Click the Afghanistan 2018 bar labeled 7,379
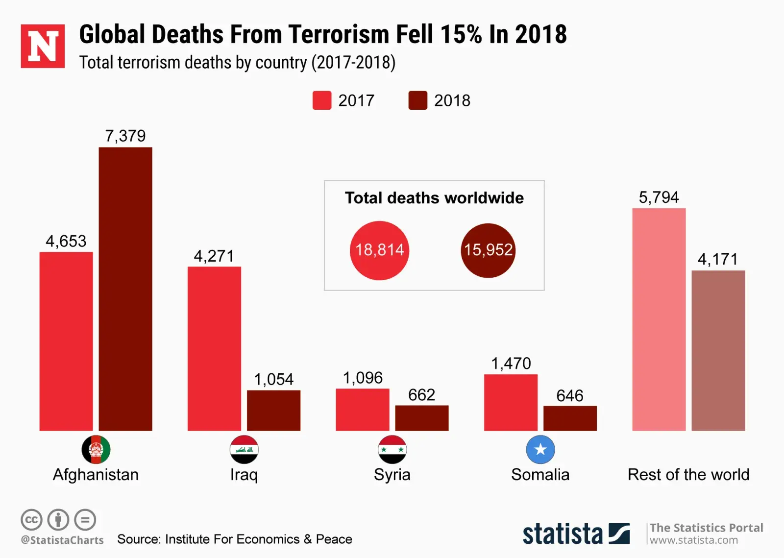tap(125, 289)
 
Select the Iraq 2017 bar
tap(214, 349)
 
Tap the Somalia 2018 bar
tap(570, 418)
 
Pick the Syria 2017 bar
tap(363, 410)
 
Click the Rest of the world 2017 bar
tap(659, 319)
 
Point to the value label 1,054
tap(273, 379)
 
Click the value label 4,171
tap(718, 259)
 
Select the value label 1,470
tap(511, 364)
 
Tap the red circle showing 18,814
tap(379, 250)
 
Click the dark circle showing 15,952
tap(488, 250)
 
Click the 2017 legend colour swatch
tap(322, 100)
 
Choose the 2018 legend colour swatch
tap(417, 100)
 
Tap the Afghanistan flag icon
tap(96, 449)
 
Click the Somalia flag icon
tap(540, 449)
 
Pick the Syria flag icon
tap(392, 449)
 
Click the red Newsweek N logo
tap(43, 46)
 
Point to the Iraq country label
tap(244, 475)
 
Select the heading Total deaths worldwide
tap(434, 198)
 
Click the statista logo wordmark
tap(563, 534)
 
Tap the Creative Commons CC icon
tap(31, 520)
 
